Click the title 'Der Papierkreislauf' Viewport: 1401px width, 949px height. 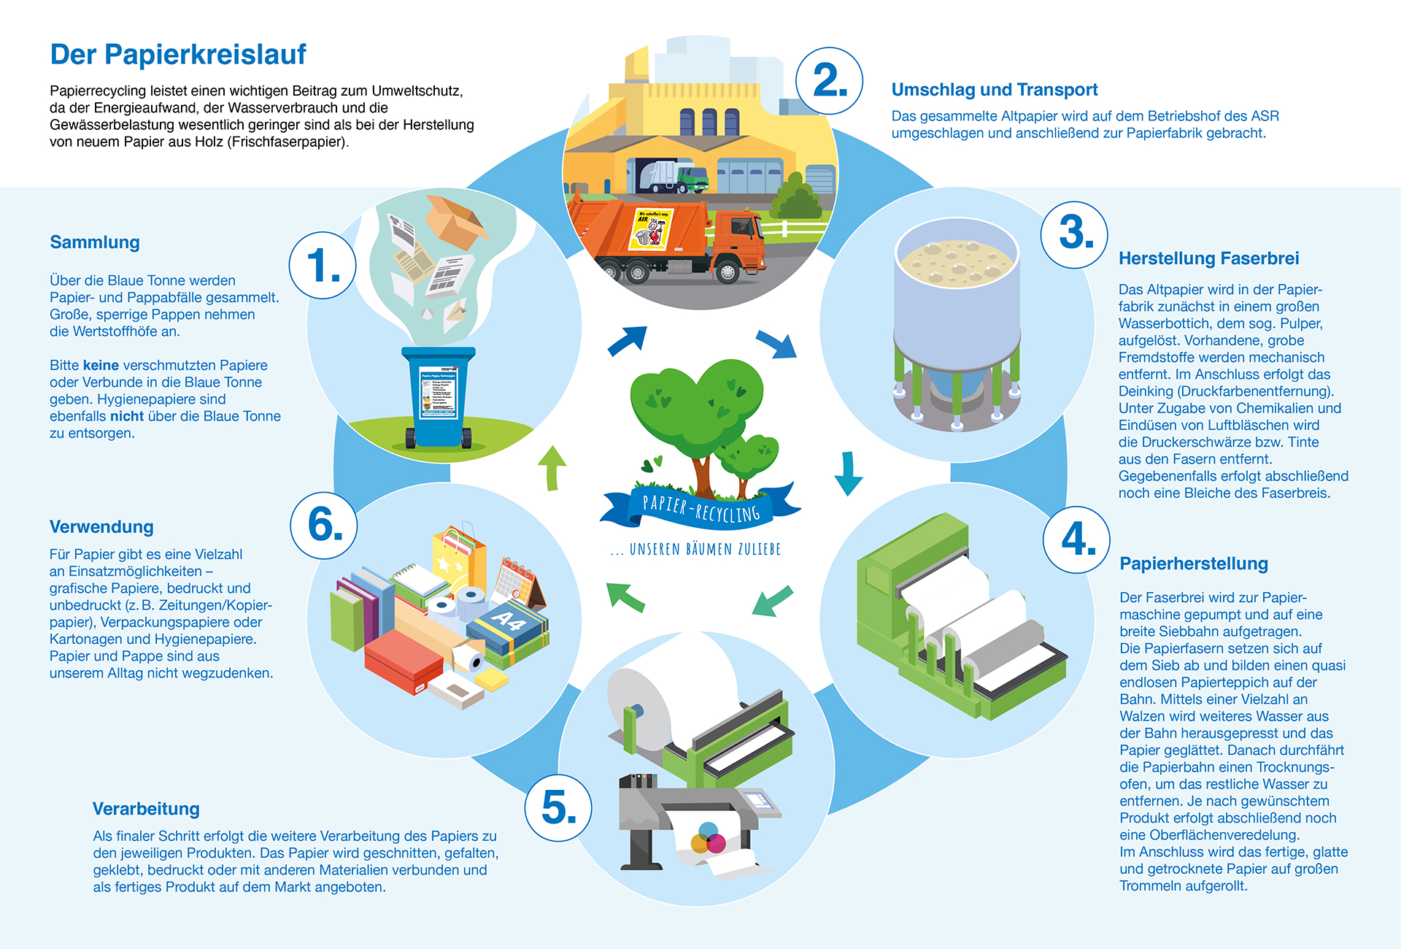178,55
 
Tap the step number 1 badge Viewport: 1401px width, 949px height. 323,265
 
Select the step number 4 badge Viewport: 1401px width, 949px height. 1076,540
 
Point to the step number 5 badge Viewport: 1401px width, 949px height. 558,808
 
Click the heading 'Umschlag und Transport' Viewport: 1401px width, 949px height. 994,90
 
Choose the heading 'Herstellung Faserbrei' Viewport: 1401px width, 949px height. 1208,258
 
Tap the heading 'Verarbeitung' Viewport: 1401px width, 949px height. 146,809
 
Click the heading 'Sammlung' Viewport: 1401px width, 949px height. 95,242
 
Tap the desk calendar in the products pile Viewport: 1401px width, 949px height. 519,583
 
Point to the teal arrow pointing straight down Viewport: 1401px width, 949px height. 848,473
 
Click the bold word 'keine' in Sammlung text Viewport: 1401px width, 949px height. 101,365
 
